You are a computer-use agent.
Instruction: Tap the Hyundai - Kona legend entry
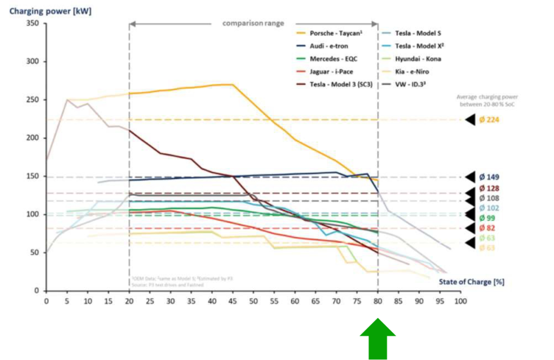pos(417,58)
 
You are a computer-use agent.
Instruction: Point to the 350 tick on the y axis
pos(32,23)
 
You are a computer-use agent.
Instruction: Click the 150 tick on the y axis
pos(32,176)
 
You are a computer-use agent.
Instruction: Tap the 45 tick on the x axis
pos(233,300)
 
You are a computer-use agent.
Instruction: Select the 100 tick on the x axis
pos(460,300)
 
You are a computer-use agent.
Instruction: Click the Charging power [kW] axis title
pos(50,10)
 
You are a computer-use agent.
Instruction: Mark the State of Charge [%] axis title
pos(471,282)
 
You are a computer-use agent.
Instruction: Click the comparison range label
pos(253,23)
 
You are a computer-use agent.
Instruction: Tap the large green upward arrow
pos(378,338)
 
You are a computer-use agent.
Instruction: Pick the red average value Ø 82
pos(487,228)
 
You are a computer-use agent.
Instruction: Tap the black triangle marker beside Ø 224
pos(470,120)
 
